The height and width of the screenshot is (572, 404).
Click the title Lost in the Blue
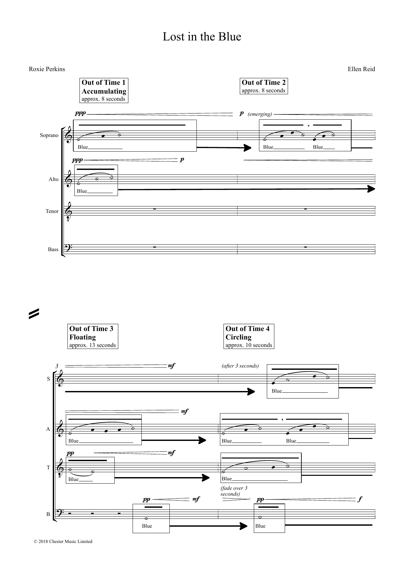click(x=202, y=37)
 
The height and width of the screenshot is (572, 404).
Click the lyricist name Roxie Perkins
click(x=47, y=69)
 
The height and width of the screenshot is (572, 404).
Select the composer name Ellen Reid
click(x=361, y=69)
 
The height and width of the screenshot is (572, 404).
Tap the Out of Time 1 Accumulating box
click(x=104, y=90)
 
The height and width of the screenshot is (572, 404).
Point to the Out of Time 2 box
click(x=263, y=86)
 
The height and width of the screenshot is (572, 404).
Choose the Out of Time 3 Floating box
click(x=93, y=337)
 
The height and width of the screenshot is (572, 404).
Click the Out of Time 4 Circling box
click(x=249, y=337)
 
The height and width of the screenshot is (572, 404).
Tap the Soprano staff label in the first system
click(x=49, y=135)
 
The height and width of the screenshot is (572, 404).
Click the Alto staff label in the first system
click(x=53, y=179)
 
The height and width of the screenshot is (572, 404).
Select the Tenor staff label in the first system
click(x=52, y=211)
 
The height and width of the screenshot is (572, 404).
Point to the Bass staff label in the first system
click(x=53, y=249)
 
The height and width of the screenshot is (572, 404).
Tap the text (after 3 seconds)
click(x=240, y=366)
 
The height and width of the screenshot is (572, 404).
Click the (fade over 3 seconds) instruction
click(x=234, y=491)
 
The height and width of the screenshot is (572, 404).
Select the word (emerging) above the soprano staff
click(x=260, y=114)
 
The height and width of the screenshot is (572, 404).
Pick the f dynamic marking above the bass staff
click(x=360, y=499)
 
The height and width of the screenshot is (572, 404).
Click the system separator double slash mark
click(x=34, y=313)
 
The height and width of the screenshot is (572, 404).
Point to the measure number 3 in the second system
click(x=57, y=366)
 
